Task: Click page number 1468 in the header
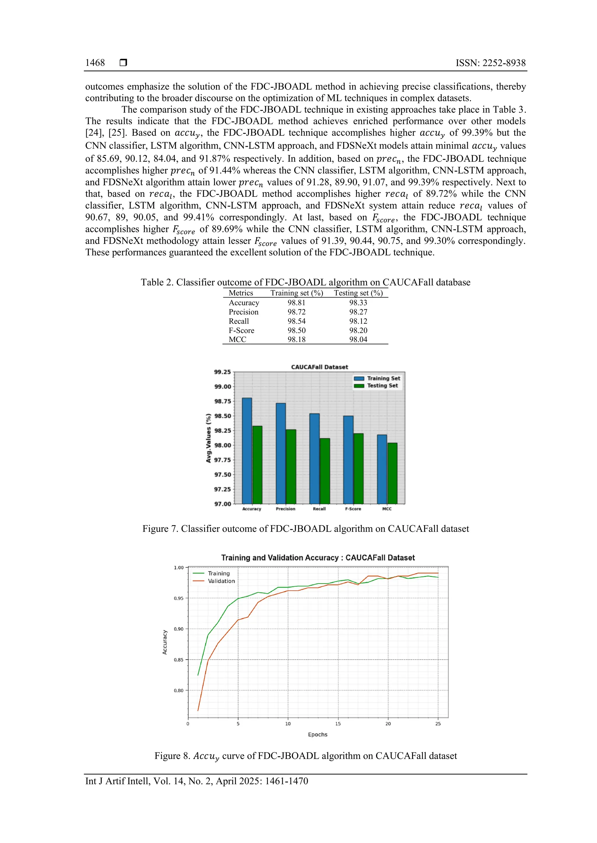tap(95, 63)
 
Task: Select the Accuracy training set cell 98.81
tap(296, 302)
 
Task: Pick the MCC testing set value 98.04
tap(358, 339)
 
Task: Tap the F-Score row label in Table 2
tap(241, 330)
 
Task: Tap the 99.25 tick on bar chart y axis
tap(222, 372)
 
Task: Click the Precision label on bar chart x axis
tap(285, 509)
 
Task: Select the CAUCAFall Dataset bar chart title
tap(319, 367)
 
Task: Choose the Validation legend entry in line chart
tap(221, 581)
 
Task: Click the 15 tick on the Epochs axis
tap(338, 724)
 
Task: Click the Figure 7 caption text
tap(305, 529)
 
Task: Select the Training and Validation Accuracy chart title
tap(318, 558)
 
